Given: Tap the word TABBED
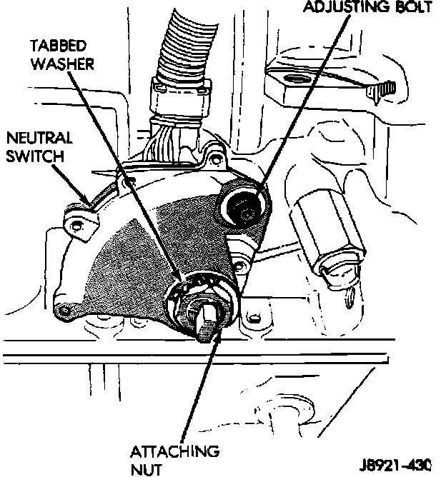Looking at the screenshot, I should tap(59, 45).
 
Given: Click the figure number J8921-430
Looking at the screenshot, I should tap(397, 464).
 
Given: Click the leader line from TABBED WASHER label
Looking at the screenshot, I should tap(129, 164).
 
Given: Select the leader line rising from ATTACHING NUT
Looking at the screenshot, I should tap(192, 400).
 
